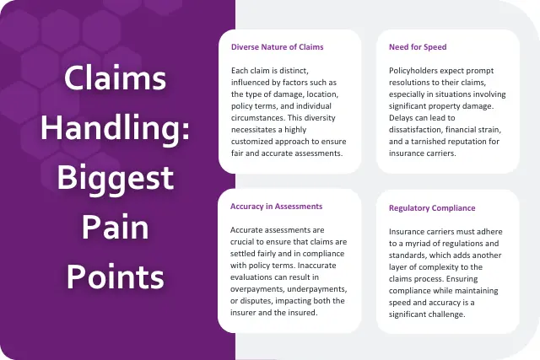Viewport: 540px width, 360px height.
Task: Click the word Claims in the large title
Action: tap(116, 82)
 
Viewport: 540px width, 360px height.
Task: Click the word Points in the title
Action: tap(116, 276)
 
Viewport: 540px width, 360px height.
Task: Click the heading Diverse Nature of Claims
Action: tap(277, 47)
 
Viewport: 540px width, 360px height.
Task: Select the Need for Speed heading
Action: tap(418, 47)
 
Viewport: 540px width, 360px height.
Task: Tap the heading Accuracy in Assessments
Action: tap(276, 206)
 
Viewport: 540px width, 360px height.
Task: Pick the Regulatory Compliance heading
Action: tap(432, 207)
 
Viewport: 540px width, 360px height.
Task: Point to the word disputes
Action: tap(259, 299)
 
